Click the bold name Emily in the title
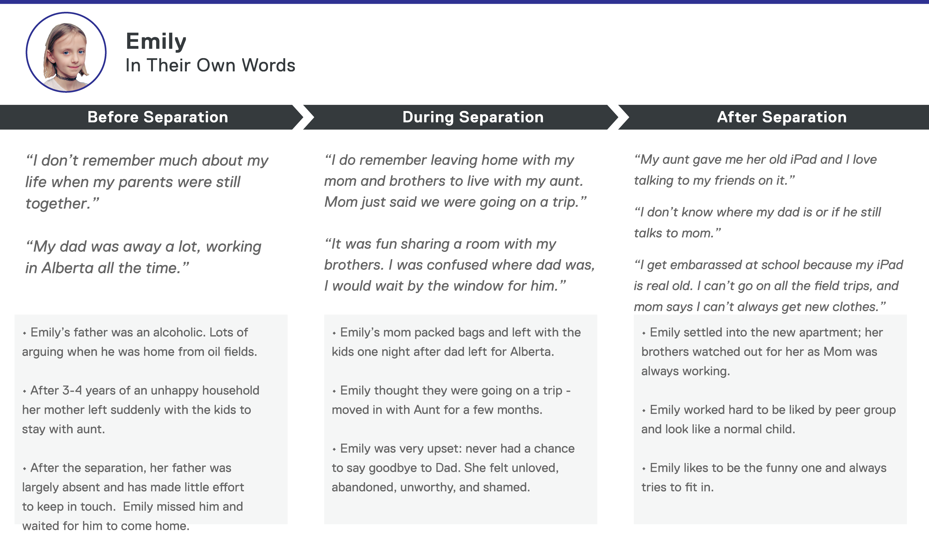click(x=156, y=41)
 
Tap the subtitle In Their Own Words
click(x=210, y=66)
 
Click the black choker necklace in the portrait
click(x=66, y=78)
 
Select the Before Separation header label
click(x=158, y=117)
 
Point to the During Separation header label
click(x=473, y=117)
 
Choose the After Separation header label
click(x=781, y=117)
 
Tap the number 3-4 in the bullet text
click(x=72, y=390)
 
